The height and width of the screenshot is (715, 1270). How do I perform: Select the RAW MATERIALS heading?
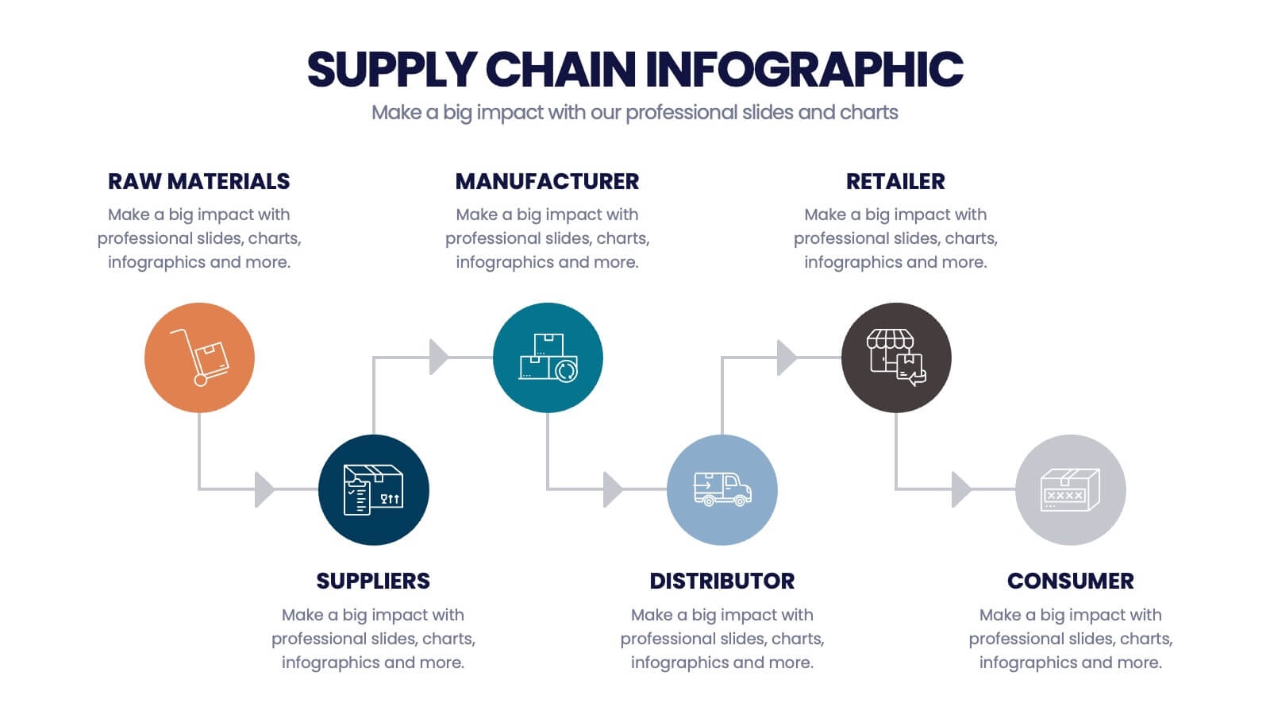pyautogui.click(x=198, y=181)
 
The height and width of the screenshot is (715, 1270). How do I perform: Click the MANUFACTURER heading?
pyautogui.click(x=547, y=181)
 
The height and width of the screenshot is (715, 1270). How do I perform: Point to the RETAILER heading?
pyautogui.click(x=895, y=181)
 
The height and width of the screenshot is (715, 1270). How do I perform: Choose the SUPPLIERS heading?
pyautogui.click(x=373, y=581)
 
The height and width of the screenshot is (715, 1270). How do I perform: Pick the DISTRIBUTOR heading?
pyautogui.click(x=722, y=581)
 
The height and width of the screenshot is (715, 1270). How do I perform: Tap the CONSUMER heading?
pyautogui.click(x=1070, y=581)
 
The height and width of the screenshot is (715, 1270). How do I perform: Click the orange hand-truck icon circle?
pyautogui.click(x=199, y=357)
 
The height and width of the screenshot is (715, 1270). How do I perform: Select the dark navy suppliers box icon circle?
pyautogui.click(x=373, y=489)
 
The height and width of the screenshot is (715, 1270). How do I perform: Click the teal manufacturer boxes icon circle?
pyautogui.click(x=548, y=357)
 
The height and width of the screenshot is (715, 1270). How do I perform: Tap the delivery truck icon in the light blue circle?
pyautogui.click(x=722, y=489)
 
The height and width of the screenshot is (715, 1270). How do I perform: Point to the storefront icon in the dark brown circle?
pyautogui.click(x=896, y=357)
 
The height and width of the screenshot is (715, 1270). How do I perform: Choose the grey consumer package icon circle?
pyautogui.click(x=1070, y=489)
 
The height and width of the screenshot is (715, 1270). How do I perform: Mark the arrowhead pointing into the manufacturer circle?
pyautogui.click(x=438, y=357)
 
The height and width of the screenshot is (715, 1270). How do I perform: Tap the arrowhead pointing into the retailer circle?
pyautogui.click(x=786, y=357)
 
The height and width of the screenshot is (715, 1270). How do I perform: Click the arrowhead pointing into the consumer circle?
pyautogui.click(x=960, y=489)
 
